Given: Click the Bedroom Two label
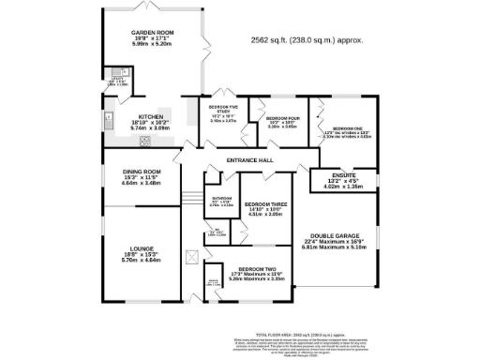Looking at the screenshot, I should click(249, 274).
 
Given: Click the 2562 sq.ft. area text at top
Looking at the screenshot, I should click(307, 40).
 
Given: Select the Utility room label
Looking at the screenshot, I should click(118, 81).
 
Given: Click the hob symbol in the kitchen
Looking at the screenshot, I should click(145, 142).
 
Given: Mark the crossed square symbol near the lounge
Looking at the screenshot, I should click(190, 254).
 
